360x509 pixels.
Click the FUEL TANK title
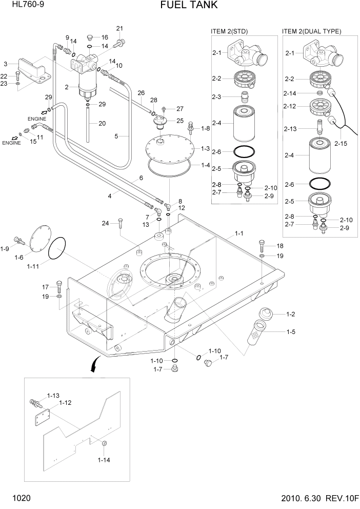[182, 6]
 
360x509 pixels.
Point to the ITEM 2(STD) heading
[229, 31]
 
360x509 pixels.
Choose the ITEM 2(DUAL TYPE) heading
[311, 31]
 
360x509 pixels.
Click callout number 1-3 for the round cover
[205, 148]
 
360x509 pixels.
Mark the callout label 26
[142, 93]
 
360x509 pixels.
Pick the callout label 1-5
[290, 331]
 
